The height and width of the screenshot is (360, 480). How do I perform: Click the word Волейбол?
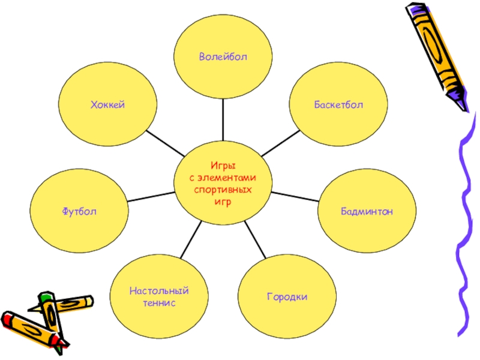[x=223, y=56]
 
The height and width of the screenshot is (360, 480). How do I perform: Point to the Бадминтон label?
[x=367, y=211]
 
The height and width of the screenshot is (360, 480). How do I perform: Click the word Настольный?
[x=158, y=292]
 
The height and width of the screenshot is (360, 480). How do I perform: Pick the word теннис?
[x=158, y=303]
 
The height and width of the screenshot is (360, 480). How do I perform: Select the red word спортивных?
[x=223, y=190]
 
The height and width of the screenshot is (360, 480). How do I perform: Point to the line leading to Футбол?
[x=150, y=196]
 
